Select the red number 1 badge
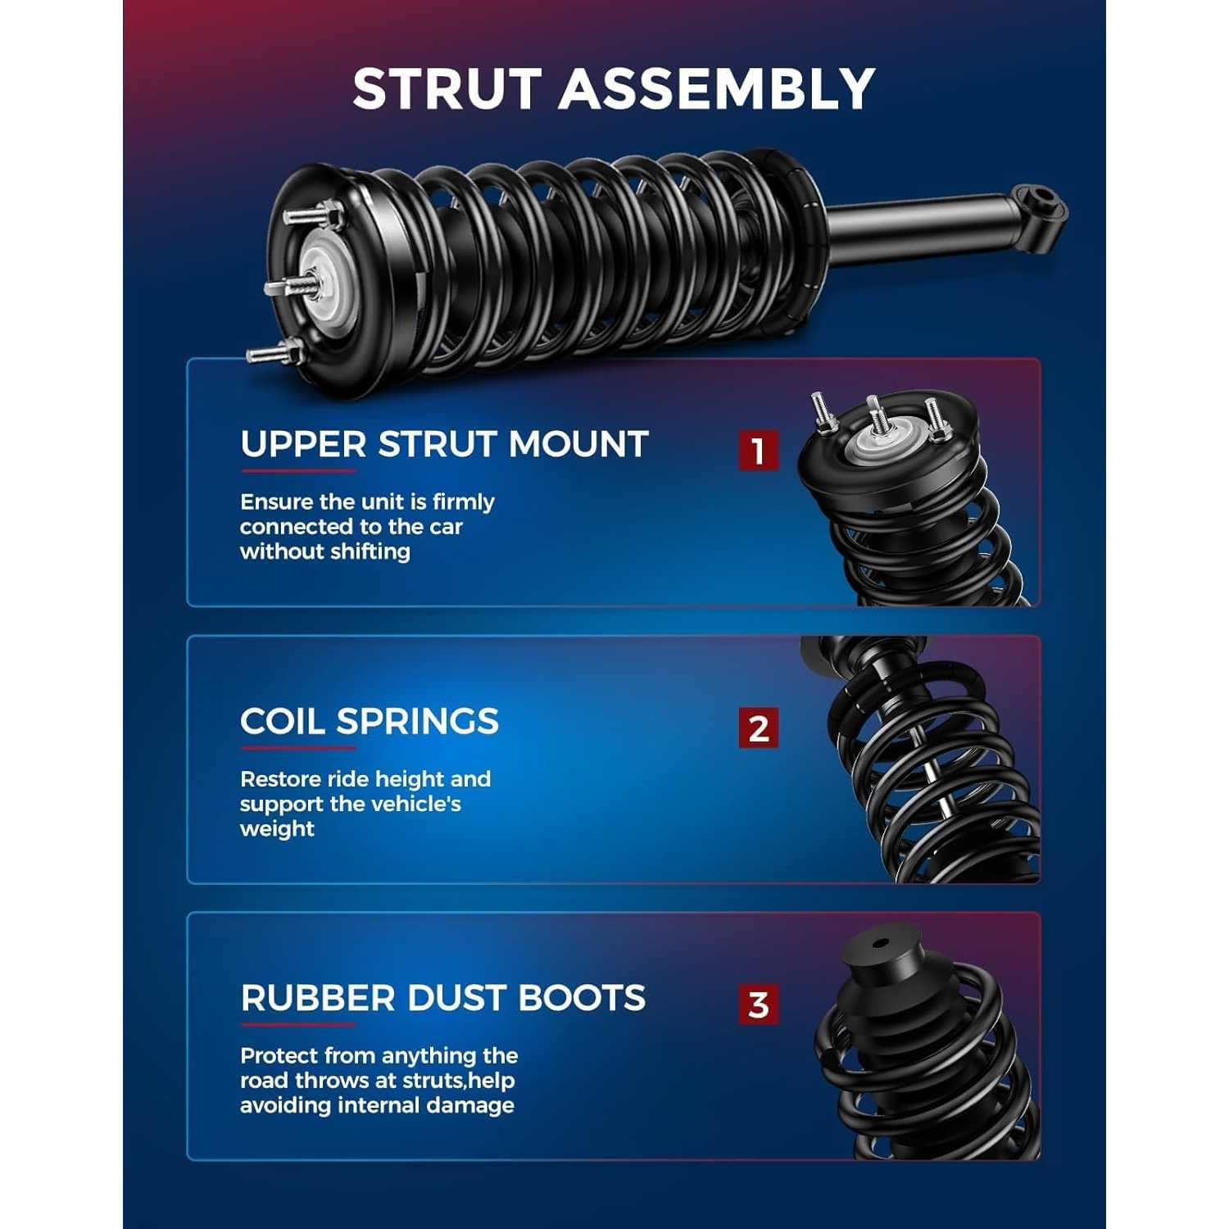[758, 451]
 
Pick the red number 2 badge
[758, 728]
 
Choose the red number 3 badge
[758, 1005]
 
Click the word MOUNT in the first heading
[578, 445]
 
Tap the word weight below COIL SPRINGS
[277, 829]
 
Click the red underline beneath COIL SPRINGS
[298, 748]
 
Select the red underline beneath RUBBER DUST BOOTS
[298, 1025]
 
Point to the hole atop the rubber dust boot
[880, 942]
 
